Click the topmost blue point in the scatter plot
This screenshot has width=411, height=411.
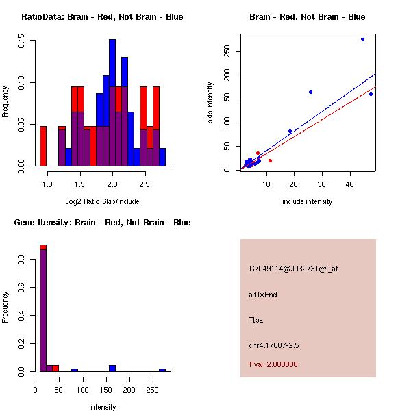362,39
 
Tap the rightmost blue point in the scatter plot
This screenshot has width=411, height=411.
371,94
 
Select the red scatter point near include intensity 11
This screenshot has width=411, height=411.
270,160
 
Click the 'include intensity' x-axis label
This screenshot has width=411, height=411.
308,201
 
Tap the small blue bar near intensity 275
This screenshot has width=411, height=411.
162,370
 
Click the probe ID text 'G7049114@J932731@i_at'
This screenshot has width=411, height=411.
293,269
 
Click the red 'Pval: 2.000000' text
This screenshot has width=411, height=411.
273,364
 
